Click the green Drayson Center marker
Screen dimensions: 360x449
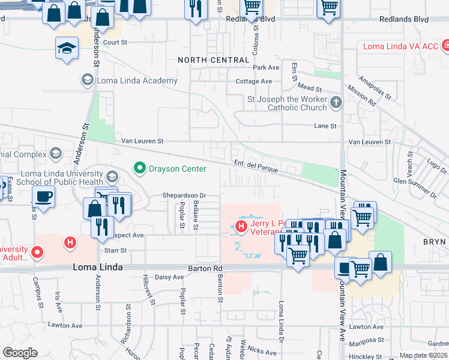[x=140, y=167]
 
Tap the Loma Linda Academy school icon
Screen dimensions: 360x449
[x=87, y=80]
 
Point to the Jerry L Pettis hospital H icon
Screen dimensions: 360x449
[x=241, y=227]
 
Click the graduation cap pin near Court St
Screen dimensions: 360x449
[x=67, y=48]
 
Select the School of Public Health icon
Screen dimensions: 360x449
[x=112, y=177]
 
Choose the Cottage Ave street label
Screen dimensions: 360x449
[x=254, y=81]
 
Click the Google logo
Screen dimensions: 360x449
[x=20, y=353]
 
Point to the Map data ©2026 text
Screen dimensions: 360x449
[x=423, y=355]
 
